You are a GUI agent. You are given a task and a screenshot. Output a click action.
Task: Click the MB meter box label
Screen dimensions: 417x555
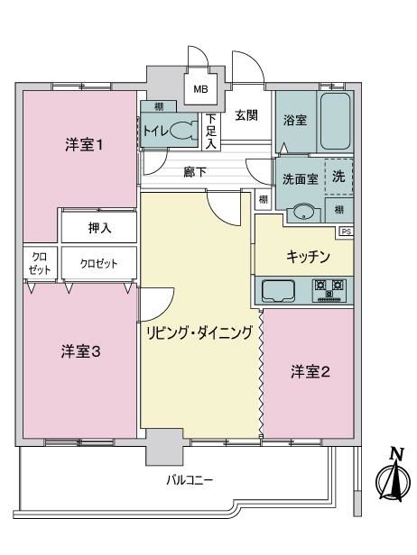tap(200, 89)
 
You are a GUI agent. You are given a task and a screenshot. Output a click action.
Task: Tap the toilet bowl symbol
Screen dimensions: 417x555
tap(184, 130)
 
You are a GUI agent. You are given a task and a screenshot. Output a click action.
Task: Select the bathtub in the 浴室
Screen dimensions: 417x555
tap(335, 121)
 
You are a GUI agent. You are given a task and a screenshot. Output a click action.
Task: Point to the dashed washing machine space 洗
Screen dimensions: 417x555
tap(339, 177)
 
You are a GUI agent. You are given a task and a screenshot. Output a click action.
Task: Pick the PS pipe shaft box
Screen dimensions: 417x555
tap(347, 232)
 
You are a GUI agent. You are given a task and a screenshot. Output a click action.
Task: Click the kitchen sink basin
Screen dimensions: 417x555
tap(278, 291)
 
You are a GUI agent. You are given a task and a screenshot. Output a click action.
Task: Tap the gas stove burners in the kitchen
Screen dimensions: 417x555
tap(329, 290)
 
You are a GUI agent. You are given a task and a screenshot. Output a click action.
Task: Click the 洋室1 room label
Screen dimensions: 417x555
tap(84, 145)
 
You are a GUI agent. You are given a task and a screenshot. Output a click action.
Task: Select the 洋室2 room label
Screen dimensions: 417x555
tap(310, 371)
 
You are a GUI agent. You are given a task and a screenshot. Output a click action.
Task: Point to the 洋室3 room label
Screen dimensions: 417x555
tap(81, 351)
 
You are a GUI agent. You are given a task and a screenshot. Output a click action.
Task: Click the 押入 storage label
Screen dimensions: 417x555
tap(99, 228)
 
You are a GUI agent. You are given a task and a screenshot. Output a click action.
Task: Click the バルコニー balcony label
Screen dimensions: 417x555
tap(190, 480)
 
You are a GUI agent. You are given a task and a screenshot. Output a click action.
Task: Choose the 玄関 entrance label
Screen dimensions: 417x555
tap(246, 115)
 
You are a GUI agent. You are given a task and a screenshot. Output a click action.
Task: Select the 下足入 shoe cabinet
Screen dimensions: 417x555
tap(211, 131)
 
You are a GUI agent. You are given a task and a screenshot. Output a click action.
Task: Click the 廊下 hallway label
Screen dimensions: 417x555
tap(195, 172)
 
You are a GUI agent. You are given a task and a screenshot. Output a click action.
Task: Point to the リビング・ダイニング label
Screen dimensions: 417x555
tap(199, 332)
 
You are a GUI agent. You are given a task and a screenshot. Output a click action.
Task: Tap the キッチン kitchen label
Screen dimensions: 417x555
tap(309, 256)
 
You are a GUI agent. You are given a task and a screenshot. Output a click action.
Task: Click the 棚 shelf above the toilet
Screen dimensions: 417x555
tap(159, 106)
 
